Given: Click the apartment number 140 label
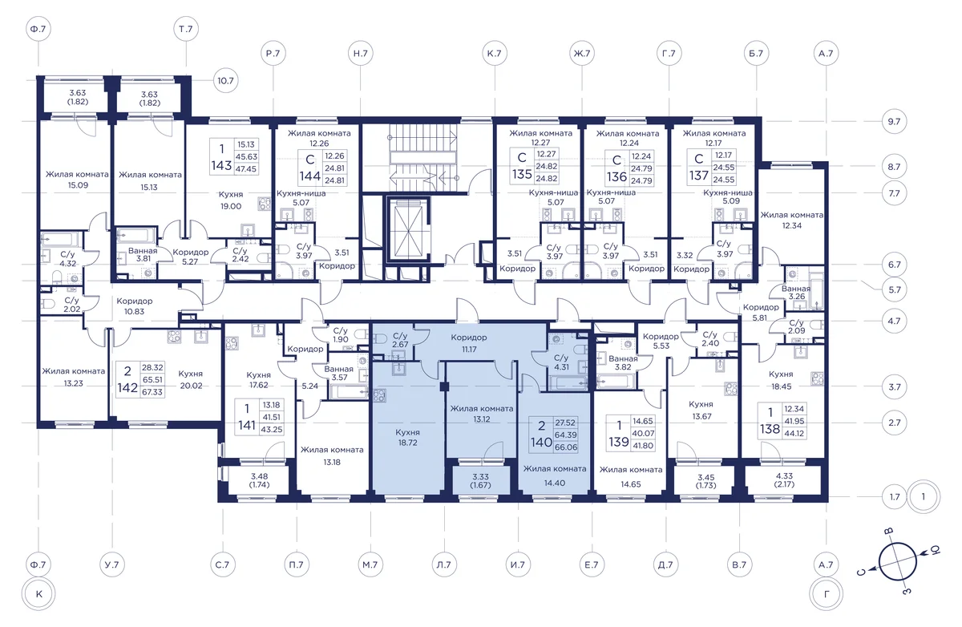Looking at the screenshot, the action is pos(540,442).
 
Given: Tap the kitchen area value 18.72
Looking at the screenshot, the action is pos(407,443).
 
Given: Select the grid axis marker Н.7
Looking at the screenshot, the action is pos(360,53).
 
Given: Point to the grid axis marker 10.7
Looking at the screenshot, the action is pos(225,81).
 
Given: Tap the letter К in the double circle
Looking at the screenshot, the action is pos(39,594).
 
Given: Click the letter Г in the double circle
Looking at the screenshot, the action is pos(827,594).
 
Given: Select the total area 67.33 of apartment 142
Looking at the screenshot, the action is pos(152,392).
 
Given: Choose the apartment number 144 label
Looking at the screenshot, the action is pos(309,176).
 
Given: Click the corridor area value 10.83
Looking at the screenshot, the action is pos(135,311).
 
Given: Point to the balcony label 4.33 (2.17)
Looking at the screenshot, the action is pos(785,480).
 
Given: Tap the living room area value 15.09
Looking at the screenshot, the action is pos(78,185).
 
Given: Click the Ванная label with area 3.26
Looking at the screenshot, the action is pos(796,293).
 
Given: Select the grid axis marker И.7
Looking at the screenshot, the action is pos(518,564).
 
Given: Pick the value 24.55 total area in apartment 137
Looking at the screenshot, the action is pos(724,180).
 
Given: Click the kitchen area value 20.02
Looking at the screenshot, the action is pos(191,386).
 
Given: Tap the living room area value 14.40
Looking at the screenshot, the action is pos(555,483).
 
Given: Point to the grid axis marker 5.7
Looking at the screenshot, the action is pos(895,289).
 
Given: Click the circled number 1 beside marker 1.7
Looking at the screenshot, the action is pos(924,497).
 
